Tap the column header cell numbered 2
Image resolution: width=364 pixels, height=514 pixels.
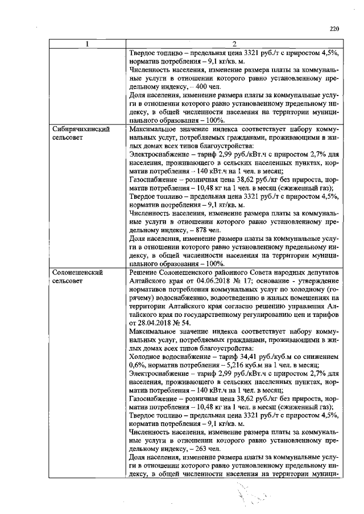click(x=234, y=44)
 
